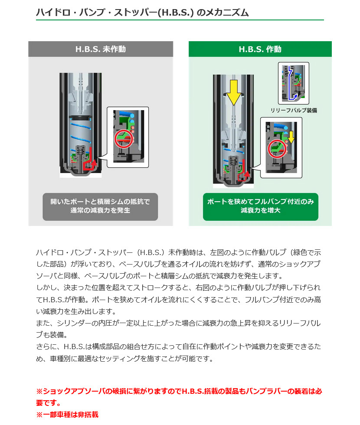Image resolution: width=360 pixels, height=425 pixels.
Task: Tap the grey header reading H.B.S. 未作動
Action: pyautogui.click(x=101, y=49)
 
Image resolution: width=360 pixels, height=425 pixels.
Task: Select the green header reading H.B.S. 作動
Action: pyautogui.click(x=260, y=49)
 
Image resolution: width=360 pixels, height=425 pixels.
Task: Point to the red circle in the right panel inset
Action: pyautogui.click(x=276, y=149)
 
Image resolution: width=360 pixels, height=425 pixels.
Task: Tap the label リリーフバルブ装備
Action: pyautogui.click(x=294, y=111)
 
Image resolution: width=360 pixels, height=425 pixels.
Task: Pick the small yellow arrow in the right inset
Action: pyautogui.click(x=291, y=136)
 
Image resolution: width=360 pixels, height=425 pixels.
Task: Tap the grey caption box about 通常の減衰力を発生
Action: pyautogui.click(x=100, y=206)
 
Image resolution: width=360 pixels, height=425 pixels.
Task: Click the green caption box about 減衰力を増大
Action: pyautogui.click(x=260, y=206)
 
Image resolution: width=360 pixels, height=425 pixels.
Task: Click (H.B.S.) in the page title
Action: pyautogui.click(x=175, y=13)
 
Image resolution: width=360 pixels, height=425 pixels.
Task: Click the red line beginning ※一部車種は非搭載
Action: pyautogui.click(x=67, y=415)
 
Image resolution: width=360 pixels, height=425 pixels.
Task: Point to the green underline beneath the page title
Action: pyautogui.click(x=180, y=20)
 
